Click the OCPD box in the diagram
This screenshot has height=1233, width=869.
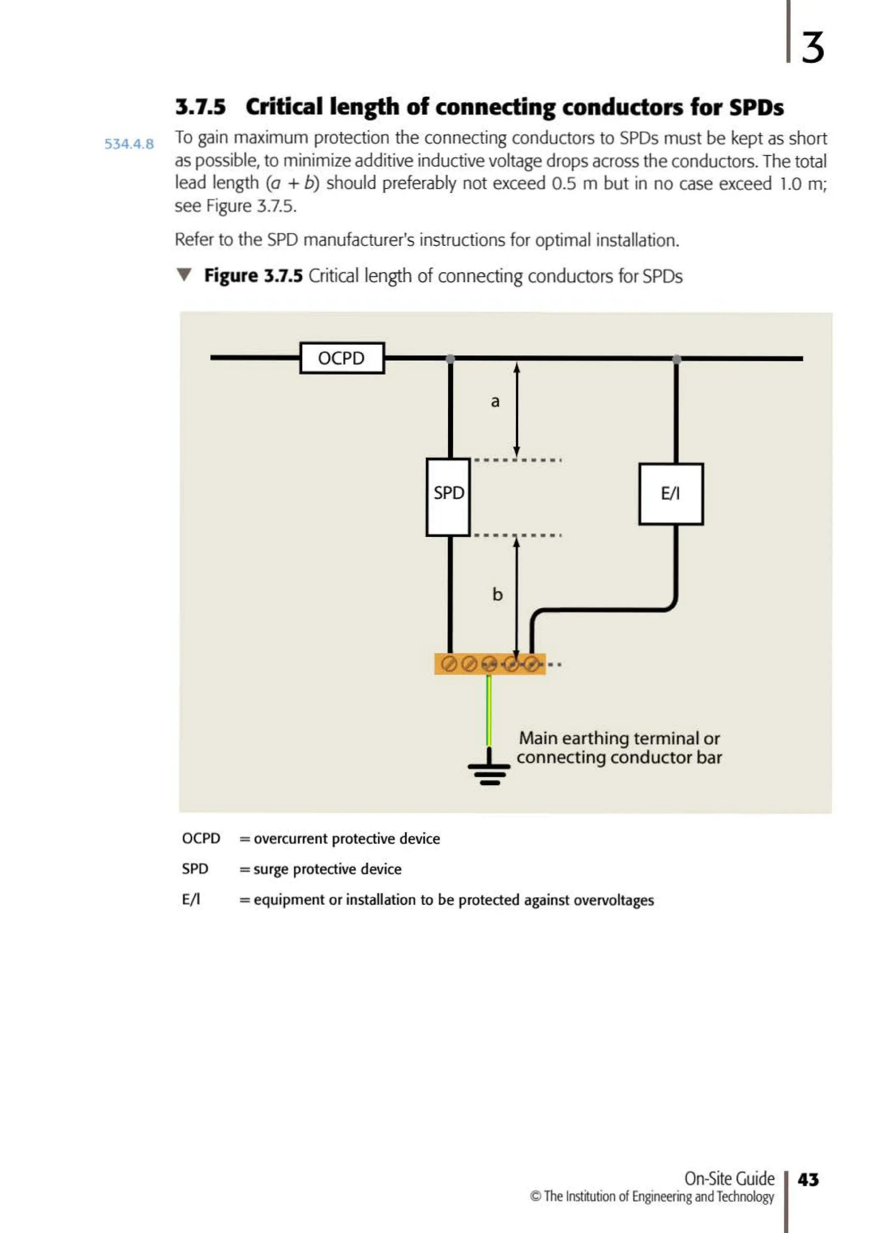342,358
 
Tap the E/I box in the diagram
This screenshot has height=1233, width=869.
671,494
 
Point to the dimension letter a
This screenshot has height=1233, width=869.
495,401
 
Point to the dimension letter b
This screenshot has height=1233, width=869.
498,594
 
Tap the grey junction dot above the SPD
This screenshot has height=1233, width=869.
450,359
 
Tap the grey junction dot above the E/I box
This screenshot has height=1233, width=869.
677,359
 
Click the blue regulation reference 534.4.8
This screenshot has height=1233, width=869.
129,144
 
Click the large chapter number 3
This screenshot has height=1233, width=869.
813,47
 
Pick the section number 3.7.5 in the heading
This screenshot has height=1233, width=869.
200,107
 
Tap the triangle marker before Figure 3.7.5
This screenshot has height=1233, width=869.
184,275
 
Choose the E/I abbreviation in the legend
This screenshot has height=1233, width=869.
191,899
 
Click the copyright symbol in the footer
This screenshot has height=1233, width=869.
535,1197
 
